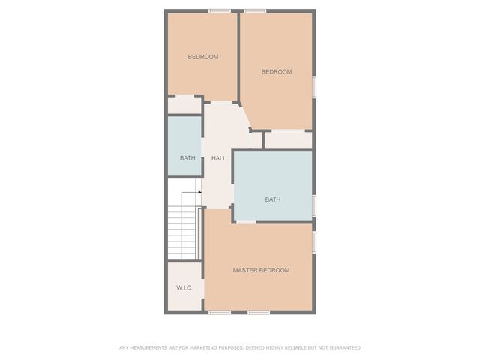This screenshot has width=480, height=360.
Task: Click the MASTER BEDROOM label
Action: (x=261, y=270)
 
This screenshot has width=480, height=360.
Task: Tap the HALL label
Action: (x=218, y=158)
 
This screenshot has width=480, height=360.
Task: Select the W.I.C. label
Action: (x=184, y=288)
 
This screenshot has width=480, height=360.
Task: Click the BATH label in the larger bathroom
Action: (x=272, y=199)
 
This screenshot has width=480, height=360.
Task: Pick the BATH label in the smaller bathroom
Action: (x=187, y=158)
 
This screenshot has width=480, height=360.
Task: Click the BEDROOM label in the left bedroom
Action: (x=202, y=57)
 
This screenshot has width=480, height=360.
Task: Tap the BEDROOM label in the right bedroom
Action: (x=276, y=72)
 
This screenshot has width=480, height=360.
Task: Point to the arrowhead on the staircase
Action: (x=199, y=193)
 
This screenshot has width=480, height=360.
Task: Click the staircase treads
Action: (x=181, y=224)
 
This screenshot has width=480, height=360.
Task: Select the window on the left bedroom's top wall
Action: (x=219, y=10)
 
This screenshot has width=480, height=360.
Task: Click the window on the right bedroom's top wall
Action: (x=255, y=10)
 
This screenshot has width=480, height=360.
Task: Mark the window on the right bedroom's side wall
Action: (x=314, y=85)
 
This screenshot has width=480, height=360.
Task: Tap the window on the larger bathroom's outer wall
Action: (x=314, y=204)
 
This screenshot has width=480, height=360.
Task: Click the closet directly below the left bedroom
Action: (x=184, y=105)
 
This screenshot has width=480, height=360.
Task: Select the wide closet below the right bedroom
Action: (x=288, y=140)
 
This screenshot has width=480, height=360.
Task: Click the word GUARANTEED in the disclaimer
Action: (x=344, y=347)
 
